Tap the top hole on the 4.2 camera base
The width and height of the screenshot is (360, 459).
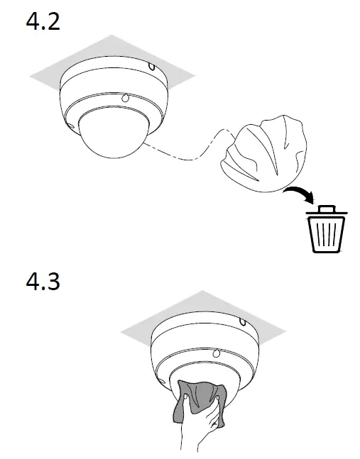[x=151, y=69]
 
